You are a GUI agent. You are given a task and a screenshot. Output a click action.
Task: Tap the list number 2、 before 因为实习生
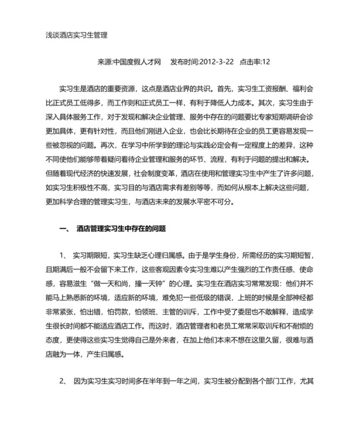(x=64, y=381)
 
